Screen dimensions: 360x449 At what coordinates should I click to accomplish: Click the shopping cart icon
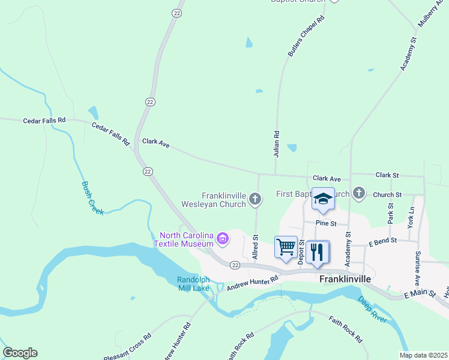286,246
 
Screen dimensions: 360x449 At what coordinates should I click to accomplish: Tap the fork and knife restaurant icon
318,251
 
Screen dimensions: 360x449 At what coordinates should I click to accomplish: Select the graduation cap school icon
323,200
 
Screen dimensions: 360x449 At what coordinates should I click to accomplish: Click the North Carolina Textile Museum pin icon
223,239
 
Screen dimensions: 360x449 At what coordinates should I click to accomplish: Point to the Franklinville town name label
345,279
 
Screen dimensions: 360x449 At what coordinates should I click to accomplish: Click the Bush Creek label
92,198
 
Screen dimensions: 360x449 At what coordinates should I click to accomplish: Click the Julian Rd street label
277,144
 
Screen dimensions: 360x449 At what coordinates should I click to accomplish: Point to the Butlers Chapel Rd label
306,37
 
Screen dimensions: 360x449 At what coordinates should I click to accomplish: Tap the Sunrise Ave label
417,266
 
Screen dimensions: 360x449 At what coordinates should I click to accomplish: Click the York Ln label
411,217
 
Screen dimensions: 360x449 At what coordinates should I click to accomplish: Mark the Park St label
390,213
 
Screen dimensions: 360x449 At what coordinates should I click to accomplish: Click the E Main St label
418,295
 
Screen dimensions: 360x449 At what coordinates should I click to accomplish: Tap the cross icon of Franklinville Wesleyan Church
255,199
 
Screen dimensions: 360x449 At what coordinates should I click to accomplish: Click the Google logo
20,353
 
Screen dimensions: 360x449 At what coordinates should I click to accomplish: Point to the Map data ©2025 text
423,355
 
